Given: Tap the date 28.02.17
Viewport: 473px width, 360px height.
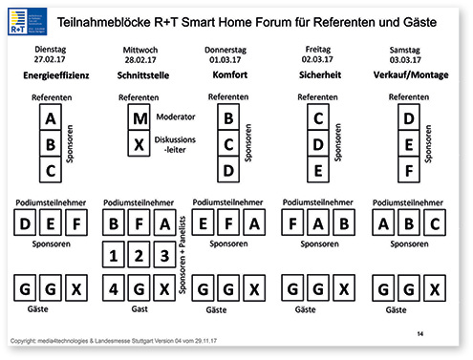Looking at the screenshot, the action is (140, 59).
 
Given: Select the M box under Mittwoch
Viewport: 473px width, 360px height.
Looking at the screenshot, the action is (140, 119).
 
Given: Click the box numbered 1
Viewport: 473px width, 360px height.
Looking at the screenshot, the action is (115, 256).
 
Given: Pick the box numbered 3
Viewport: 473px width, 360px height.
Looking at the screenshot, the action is (164, 256).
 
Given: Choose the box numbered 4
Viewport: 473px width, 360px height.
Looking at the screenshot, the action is (115, 287).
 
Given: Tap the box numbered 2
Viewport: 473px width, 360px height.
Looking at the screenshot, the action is (140, 256).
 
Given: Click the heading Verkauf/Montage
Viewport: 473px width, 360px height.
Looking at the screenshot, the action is (410, 73).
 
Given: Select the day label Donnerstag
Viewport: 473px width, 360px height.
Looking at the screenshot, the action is (228, 48).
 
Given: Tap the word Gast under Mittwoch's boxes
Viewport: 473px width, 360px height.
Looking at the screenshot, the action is (140, 311).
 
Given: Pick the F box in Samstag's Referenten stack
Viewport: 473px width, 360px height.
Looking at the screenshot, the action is (409, 171).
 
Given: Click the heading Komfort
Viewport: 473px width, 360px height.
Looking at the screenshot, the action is (228, 73).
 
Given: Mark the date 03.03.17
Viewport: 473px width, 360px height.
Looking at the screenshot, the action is (410, 59).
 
